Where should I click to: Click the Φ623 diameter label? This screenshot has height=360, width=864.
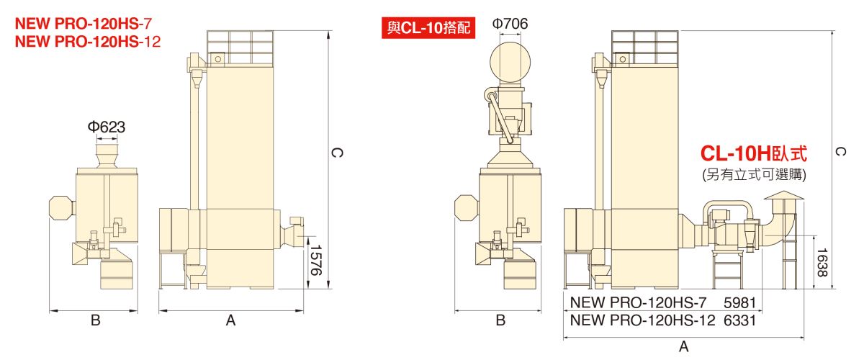[x=107, y=127]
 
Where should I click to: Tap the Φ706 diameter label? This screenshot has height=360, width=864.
[x=510, y=24]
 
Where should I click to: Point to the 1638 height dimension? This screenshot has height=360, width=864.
[x=822, y=262]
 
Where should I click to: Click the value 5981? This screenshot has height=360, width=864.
[x=739, y=303]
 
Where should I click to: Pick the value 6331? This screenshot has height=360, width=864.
[x=739, y=320]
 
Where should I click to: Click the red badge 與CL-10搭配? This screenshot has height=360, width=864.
[x=428, y=28]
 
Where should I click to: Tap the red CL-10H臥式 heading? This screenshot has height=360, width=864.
[x=754, y=153]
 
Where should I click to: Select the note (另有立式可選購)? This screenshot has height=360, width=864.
[x=754, y=175]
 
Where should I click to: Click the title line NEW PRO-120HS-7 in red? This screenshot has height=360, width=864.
[x=84, y=24]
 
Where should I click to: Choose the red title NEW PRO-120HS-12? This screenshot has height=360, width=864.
[x=88, y=42]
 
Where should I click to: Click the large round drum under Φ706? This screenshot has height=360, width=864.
[x=510, y=62]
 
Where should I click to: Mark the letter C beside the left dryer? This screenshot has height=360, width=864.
[x=337, y=153]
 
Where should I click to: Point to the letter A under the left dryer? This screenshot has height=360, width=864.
[x=230, y=320]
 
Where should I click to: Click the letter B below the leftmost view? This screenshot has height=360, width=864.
[x=95, y=320]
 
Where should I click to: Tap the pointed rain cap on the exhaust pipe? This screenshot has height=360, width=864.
[x=784, y=195]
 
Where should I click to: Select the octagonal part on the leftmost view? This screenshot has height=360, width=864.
[x=62, y=208]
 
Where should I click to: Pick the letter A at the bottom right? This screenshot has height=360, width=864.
[x=683, y=346]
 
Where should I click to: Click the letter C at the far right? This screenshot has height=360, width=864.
[x=840, y=152]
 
